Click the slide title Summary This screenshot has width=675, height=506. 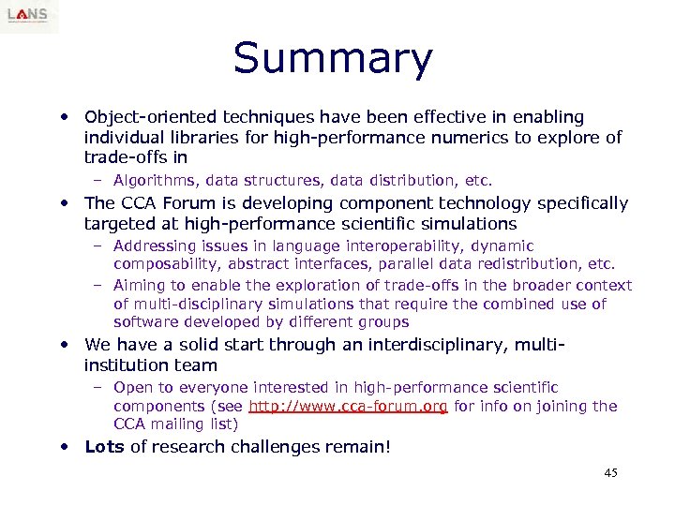[333, 58]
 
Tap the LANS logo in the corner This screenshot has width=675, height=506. [29, 17]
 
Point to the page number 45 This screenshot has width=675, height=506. [610, 473]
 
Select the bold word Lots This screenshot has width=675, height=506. [104, 446]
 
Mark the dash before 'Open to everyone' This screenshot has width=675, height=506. [98, 387]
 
